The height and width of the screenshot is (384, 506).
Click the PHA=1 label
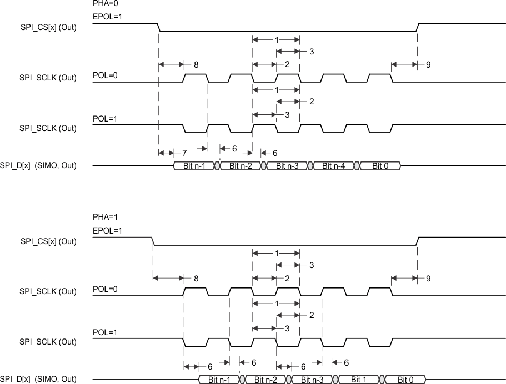click(x=104, y=217)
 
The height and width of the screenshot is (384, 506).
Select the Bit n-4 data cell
click(x=333, y=166)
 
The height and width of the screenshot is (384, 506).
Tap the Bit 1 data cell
click(x=358, y=380)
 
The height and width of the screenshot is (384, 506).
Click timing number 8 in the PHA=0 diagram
click(x=196, y=65)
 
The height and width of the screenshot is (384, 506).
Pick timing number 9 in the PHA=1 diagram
click(x=428, y=279)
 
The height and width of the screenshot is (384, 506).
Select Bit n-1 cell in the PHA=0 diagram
click(x=194, y=166)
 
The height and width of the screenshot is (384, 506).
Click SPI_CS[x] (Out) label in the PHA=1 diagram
click(x=48, y=241)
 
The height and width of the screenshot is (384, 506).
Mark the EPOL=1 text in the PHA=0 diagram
click(x=107, y=17)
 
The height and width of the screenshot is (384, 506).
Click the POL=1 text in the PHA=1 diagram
click(x=105, y=333)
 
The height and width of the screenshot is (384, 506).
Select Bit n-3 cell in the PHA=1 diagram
click(x=313, y=380)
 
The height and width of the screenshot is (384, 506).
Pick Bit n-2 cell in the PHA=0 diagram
click(x=241, y=166)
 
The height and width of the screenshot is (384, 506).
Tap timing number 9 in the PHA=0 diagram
click(x=428, y=65)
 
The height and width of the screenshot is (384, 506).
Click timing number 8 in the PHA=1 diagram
click(x=196, y=279)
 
